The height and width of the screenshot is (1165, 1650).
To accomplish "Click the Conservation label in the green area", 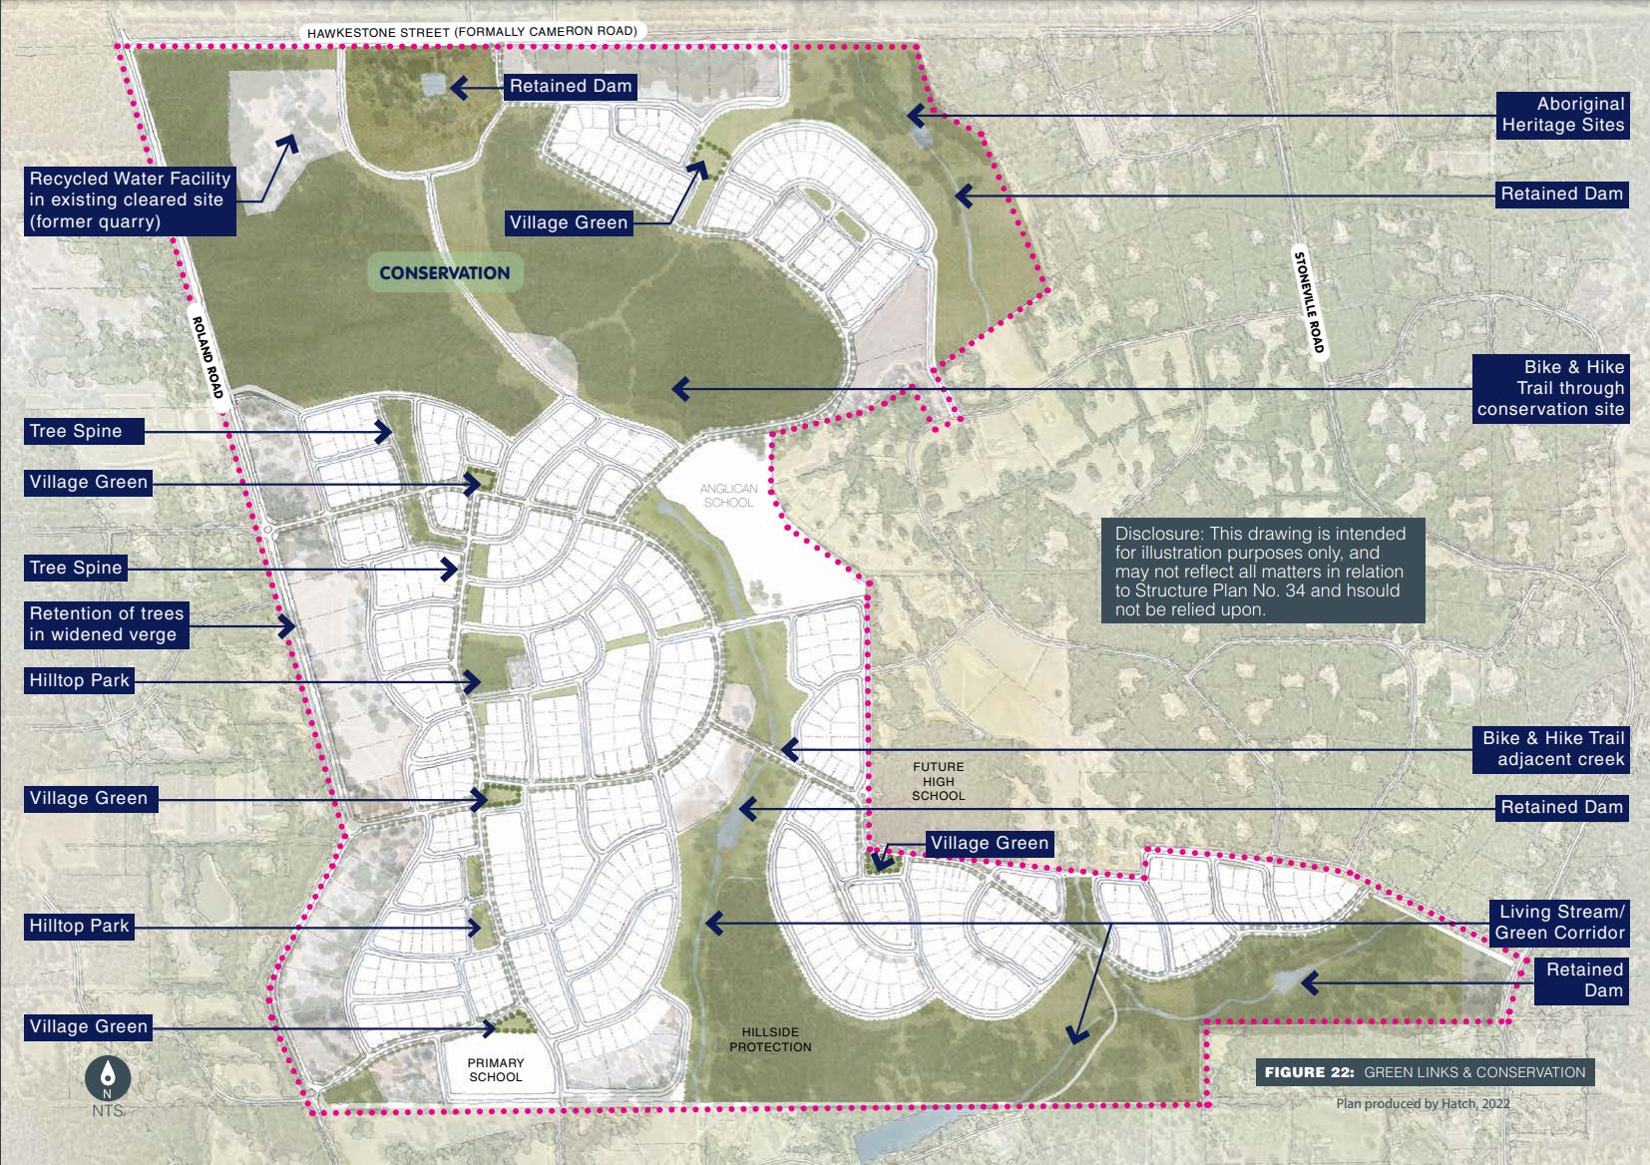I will (x=444, y=272).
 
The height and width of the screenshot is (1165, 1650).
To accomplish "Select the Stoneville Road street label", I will (x=1309, y=300).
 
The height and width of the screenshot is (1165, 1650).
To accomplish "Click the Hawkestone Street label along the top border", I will (x=471, y=32).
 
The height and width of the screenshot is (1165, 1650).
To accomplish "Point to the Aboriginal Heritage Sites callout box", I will (x=1562, y=115).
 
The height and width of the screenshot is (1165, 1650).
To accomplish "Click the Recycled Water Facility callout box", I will (x=130, y=199).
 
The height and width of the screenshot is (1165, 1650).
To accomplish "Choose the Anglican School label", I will (x=728, y=496).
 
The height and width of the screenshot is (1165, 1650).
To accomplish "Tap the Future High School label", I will (x=938, y=782).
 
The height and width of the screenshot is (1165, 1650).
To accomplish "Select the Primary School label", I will (x=495, y=1070).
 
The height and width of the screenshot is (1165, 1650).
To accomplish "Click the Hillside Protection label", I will (x=770, y=1039).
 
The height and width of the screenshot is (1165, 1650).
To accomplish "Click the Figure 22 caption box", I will (x=1425, y=1072).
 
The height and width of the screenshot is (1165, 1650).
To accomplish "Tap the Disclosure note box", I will (x=1262, y=571).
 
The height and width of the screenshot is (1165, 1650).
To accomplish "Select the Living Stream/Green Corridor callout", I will (x=1559, y=923).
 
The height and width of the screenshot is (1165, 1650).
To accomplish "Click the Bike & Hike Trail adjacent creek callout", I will (x=1551, y=749).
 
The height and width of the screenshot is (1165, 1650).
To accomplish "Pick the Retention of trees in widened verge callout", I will (x=106, y=624).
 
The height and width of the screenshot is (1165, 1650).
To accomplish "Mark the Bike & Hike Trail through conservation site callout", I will (x=1550, y=388).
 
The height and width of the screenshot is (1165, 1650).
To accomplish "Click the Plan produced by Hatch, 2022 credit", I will (x=1424, y=1103).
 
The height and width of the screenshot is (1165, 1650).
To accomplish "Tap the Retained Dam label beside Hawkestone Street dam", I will (x=571, y=86).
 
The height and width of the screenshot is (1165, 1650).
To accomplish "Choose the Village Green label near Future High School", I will (x=989, y=844).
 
